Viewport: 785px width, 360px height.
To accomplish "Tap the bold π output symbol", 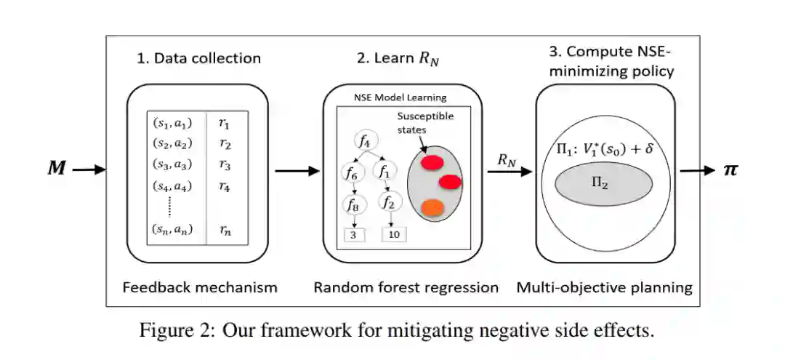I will click(x=732, y=169).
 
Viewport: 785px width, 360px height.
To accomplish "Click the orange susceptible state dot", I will click(x=432, y=207).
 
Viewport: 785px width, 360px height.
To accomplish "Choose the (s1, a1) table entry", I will click(x=172, y=123).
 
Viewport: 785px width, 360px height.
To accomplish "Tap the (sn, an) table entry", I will click(x=172, y=231).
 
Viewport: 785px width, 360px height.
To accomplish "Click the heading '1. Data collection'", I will click(x=198, y=58).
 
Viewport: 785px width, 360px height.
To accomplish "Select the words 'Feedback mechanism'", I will click(x=200, y=287).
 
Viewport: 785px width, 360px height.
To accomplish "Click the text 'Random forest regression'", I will click(x=406, y=287).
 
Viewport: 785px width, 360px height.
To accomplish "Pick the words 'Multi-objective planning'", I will click(x=604, y=287).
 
